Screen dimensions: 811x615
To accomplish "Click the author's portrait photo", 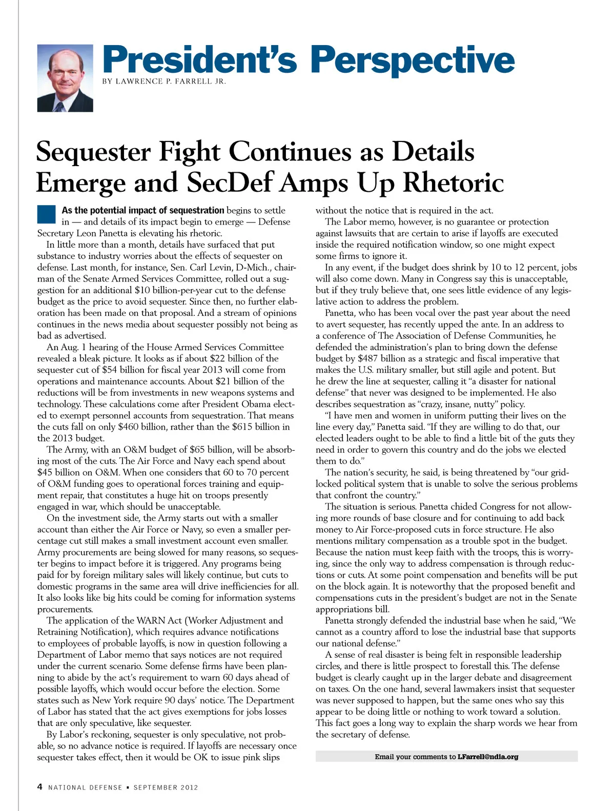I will [65, 78].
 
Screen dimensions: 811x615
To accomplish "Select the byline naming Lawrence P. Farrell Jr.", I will [164, 82].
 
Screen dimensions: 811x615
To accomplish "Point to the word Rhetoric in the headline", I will [453, 183].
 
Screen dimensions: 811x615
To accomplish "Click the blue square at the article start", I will [46, 214].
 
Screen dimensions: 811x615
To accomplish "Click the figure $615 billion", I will [256, 427].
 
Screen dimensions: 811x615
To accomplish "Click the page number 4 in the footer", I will [39, 787].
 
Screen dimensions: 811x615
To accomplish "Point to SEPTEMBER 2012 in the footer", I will [166, 787].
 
